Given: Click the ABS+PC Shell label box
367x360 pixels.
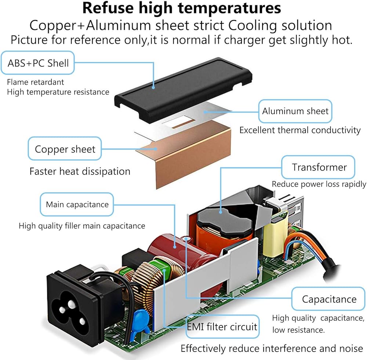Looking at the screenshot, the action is point(38,63).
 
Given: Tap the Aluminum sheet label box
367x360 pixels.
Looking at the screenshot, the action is point(295,111).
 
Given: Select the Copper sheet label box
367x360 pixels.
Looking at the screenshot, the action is point(65,149).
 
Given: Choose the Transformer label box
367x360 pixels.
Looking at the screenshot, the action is point(319,167).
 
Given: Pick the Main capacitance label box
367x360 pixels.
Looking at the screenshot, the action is point(77,204).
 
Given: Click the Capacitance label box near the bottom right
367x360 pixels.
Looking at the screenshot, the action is point(329,299).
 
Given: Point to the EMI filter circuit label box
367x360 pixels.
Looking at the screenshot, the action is point(222,326).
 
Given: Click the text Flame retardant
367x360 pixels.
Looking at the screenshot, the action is point(35,82).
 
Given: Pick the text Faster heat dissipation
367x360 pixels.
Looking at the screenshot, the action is point(80,171).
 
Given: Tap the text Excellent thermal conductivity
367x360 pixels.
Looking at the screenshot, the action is point(300,130).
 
